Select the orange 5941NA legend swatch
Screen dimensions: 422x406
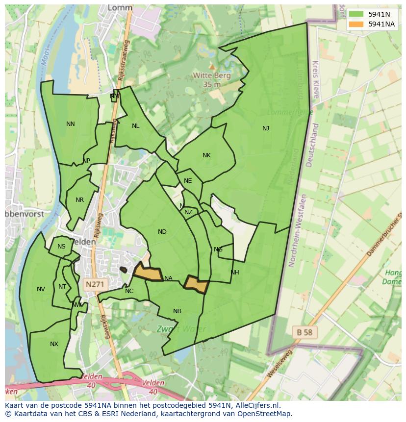356,24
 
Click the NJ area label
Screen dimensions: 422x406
265,128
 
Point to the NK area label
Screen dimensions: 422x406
206,155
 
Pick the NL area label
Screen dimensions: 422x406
136,126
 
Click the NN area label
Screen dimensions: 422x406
71,124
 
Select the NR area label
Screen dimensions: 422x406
79,200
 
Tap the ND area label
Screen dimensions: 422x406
162,232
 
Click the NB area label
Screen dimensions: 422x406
177,311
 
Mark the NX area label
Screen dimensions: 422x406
54,344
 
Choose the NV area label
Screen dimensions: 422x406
41,289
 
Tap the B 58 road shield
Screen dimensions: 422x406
304,332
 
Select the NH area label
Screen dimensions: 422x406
234,273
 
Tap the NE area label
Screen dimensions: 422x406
188,181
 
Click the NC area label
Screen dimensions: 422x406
129,291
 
